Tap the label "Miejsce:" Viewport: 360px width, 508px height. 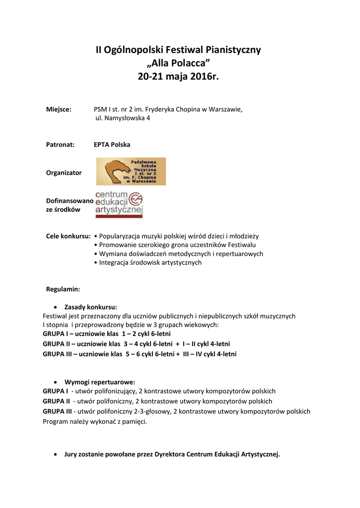[x=59, y=109]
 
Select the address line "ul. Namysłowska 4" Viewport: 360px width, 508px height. [x=123, y=119]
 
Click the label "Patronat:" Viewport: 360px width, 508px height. [x=60, y=145]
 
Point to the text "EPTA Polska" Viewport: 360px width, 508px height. [x=112, y=145]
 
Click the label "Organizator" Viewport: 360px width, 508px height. [x=64, y=173]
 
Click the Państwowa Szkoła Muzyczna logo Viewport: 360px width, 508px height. [x=131, y=171]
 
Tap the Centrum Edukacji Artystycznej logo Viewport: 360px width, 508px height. [x=119, y=204]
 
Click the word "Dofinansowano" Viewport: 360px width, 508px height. [x=69, y=201]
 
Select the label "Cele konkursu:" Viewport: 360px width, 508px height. [x=68, y=236]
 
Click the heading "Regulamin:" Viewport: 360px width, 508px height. [x=63, y=289]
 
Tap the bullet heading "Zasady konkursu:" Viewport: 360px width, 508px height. [x=94, y=307]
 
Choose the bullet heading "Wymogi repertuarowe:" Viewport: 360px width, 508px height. [x=99, y=382]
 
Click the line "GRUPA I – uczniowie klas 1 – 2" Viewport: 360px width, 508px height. [x=107, y=334]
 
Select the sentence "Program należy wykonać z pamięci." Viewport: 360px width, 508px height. [x=95, y=422]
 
